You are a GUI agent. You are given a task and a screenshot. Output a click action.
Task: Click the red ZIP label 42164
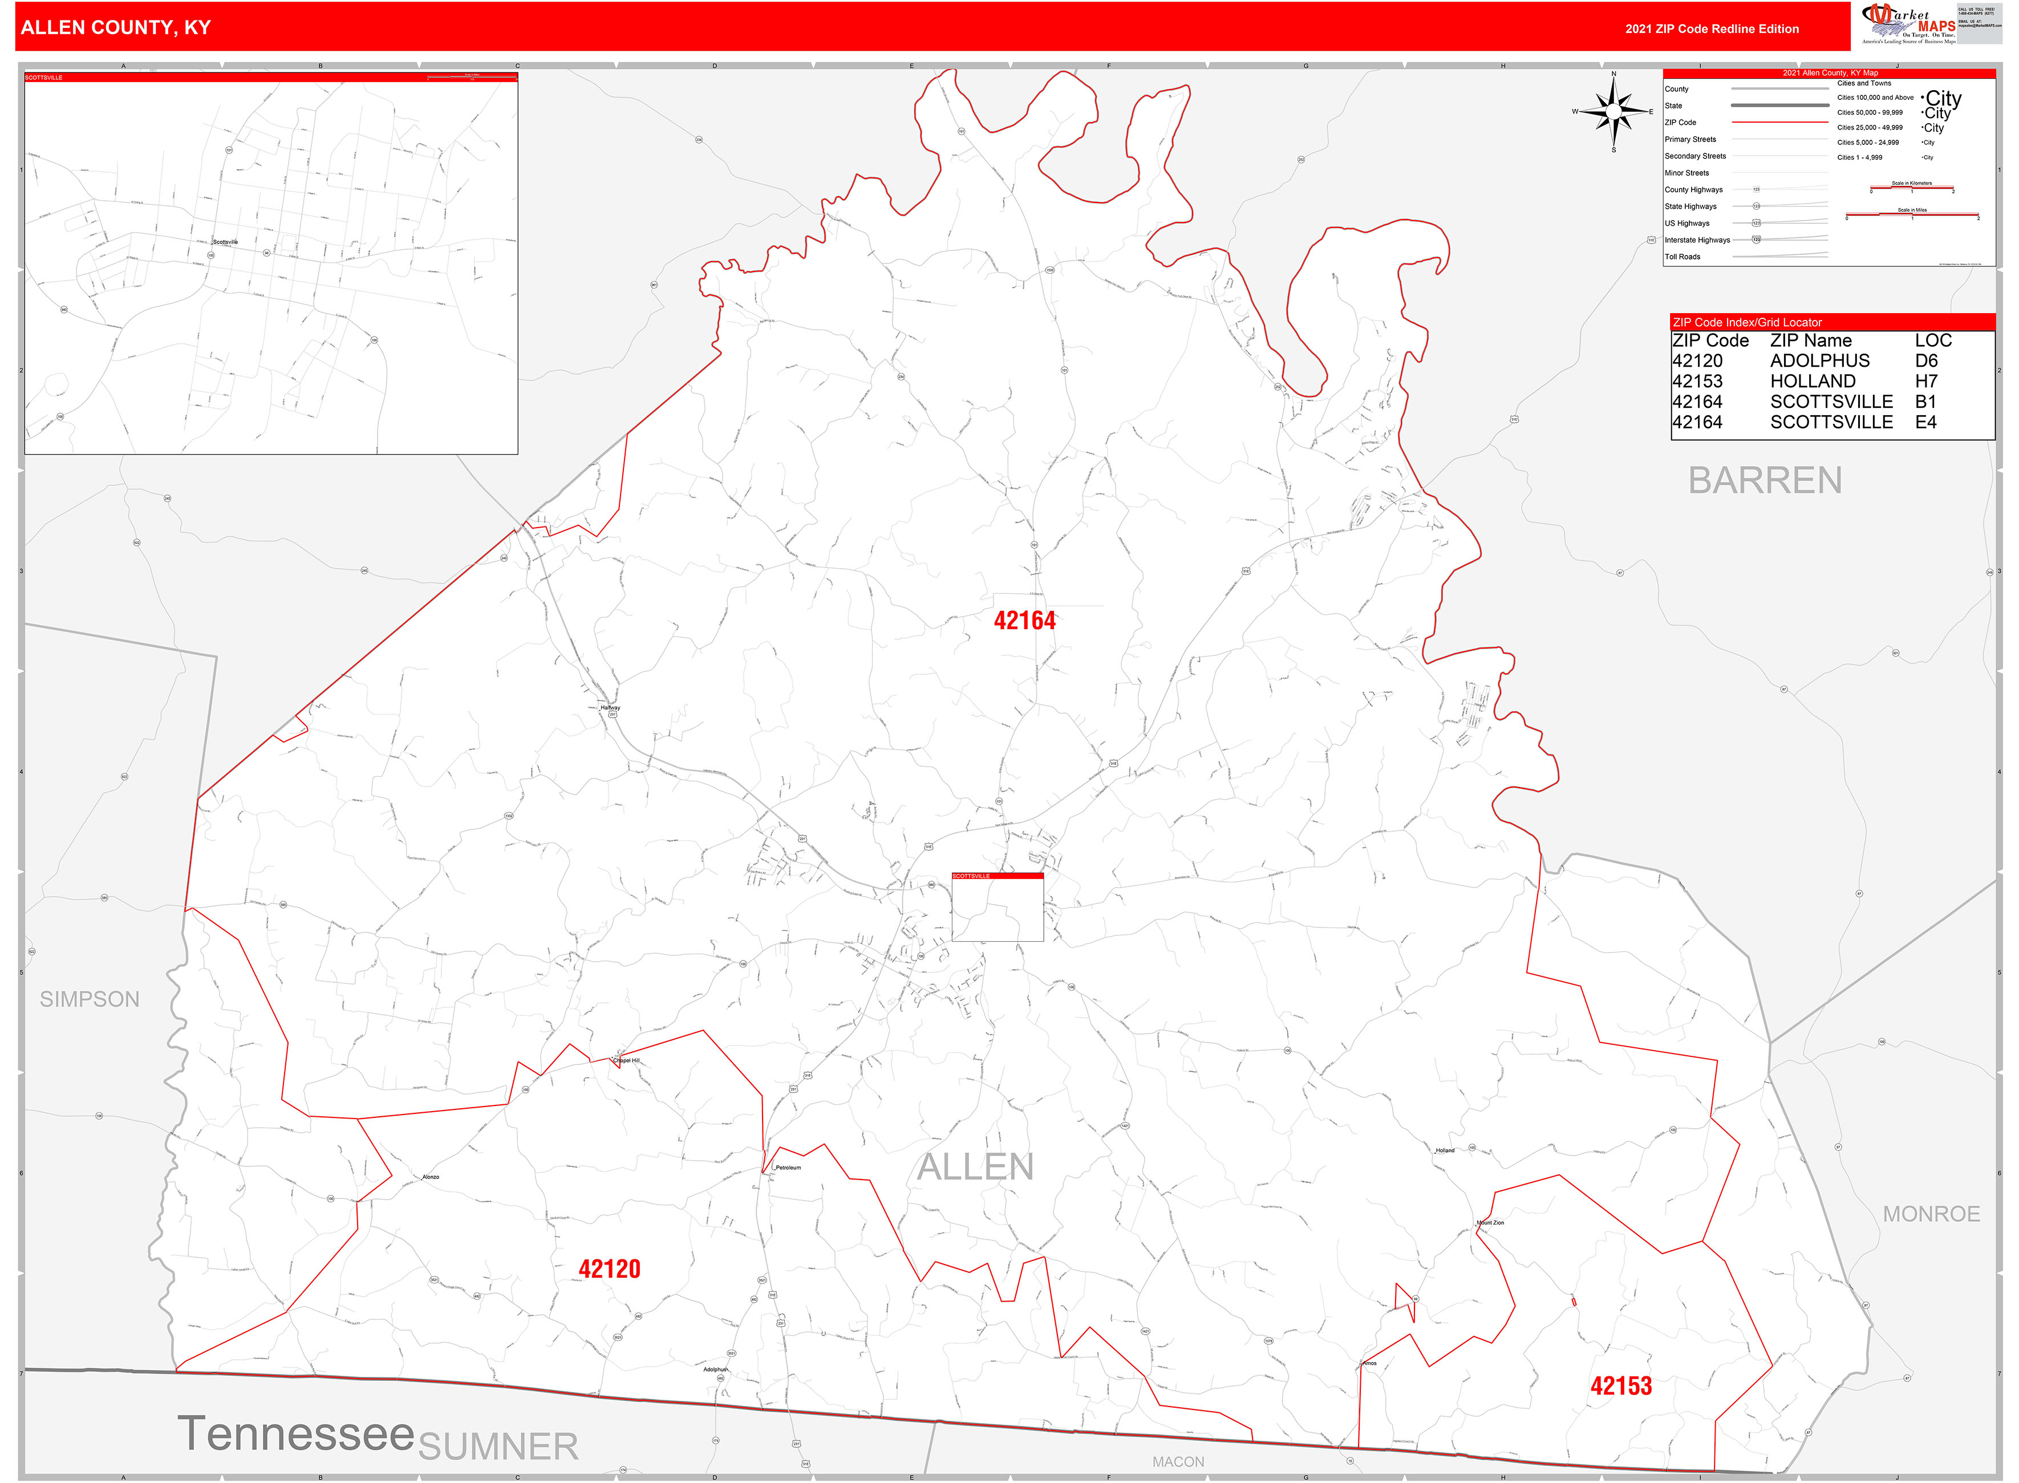1024,621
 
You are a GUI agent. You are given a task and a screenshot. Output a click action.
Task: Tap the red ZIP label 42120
610,1269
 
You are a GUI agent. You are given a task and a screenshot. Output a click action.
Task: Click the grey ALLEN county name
975,1167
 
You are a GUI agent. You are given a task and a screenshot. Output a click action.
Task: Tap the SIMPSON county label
90,999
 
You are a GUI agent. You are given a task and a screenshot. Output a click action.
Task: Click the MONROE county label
1931,1214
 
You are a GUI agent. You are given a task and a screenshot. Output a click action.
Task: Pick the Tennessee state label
295,1433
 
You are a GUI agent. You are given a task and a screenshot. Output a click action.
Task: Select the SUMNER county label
498,1446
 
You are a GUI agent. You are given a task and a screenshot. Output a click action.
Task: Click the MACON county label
1178,1461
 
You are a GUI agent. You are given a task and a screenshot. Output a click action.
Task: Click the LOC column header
1933,340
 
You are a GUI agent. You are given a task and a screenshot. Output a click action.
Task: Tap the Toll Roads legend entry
1682,257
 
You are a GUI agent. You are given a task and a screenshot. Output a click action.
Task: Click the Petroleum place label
787,1168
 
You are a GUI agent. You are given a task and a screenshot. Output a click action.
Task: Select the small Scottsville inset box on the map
998,907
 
